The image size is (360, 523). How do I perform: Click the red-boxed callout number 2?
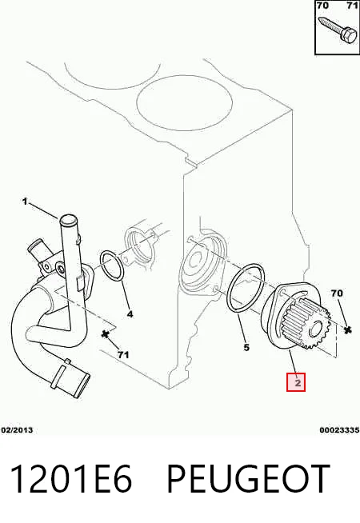point(296,382)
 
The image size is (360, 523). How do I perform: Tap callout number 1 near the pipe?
point(25,202)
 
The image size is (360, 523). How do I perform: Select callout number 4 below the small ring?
point(130,314)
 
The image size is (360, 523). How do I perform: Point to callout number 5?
point(246,348)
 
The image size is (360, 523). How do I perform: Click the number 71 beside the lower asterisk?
point(123,355)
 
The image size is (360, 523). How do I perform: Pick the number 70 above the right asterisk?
point(337,293)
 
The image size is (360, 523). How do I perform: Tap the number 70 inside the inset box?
point(322,6)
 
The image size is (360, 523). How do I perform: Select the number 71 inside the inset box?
point(352,6)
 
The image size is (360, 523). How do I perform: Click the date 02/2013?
point(17,430)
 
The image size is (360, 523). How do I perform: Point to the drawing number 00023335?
point(339,430)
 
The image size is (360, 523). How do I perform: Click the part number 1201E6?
point(70,479)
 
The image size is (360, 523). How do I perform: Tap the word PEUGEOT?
point(248,479)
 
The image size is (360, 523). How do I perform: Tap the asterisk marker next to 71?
point(106,334)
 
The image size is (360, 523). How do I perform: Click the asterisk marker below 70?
point(348,329)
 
